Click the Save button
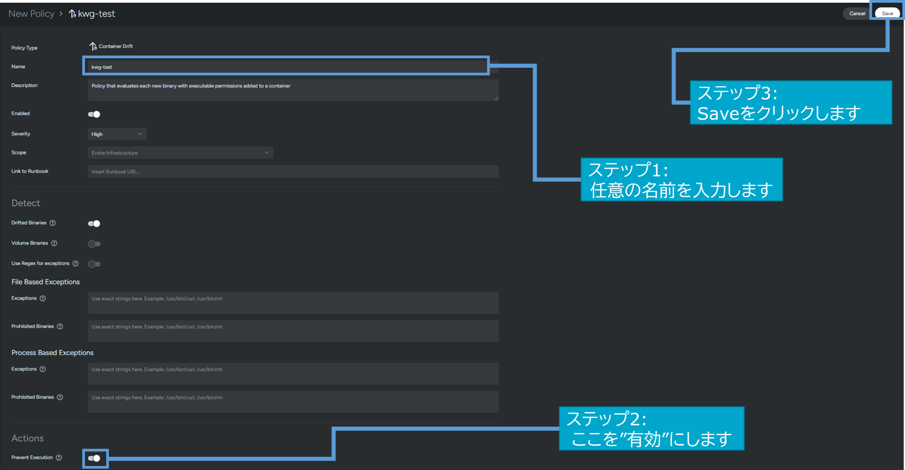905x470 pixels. (887, 14)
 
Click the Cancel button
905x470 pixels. (857, 14)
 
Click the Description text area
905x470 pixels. (293, 90)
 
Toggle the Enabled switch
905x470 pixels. (94, 114)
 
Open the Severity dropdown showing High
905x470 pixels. (117, 134)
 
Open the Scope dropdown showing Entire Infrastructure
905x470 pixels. (180, 153)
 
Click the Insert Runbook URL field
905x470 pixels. (293, 172)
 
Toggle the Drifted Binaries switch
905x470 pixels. (94, 223)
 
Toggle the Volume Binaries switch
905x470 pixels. (94, 244)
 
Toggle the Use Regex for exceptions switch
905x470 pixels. (94, 264)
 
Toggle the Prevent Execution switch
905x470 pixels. (94, 458)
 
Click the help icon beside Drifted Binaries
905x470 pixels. (52, 223)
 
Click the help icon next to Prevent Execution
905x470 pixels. (59, 458)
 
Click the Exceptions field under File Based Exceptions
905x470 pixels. (293, 302)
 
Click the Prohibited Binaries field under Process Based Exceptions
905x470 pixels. (293, 401)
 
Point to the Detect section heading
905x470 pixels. (26, 203)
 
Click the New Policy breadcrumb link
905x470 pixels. (31, 14)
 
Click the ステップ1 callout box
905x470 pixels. (681, 180)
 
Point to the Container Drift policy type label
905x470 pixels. (115, 47)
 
